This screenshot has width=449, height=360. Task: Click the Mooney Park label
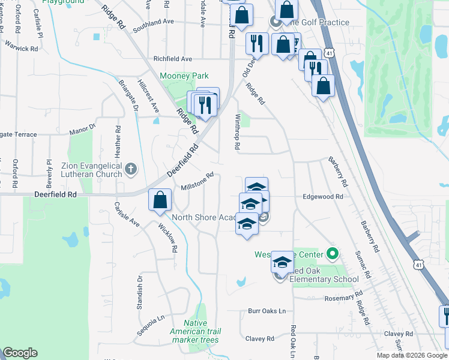tap(184, 76)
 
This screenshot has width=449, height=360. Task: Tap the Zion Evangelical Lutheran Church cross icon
tap(131, 170)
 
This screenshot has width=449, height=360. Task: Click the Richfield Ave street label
tap(173, 59)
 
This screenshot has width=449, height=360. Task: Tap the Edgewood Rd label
tap(322, 196)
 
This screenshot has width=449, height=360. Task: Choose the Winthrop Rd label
tap(238, 131)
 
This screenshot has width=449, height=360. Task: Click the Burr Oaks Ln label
tap(267, 311)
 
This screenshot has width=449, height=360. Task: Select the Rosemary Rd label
tap(345, 296)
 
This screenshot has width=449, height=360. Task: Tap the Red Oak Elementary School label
tap(324, 278)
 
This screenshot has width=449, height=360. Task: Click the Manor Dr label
tap(83, 128)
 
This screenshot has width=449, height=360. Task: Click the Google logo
tap(20, 352)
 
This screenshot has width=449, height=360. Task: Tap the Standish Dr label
tap(139, 287)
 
